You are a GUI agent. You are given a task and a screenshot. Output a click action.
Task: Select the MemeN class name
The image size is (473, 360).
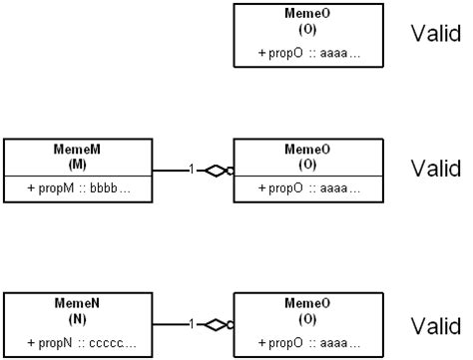(x=77, y=303)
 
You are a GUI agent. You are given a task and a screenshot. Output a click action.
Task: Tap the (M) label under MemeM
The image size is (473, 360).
(x=77, y=162)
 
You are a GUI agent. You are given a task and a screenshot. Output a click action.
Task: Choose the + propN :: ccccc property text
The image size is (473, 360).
(x=77, y=343)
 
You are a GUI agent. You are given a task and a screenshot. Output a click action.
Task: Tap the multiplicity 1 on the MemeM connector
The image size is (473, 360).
(x=191, y=170)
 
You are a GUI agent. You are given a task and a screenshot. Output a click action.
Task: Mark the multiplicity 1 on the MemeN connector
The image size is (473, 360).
(x=191, y=324)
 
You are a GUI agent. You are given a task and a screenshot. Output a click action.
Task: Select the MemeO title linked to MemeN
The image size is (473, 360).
(x=307, y=303)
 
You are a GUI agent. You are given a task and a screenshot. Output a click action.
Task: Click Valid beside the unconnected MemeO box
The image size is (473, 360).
(x=436, y=35)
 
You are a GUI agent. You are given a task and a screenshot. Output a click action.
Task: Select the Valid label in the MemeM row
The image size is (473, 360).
(x=436, y=168)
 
